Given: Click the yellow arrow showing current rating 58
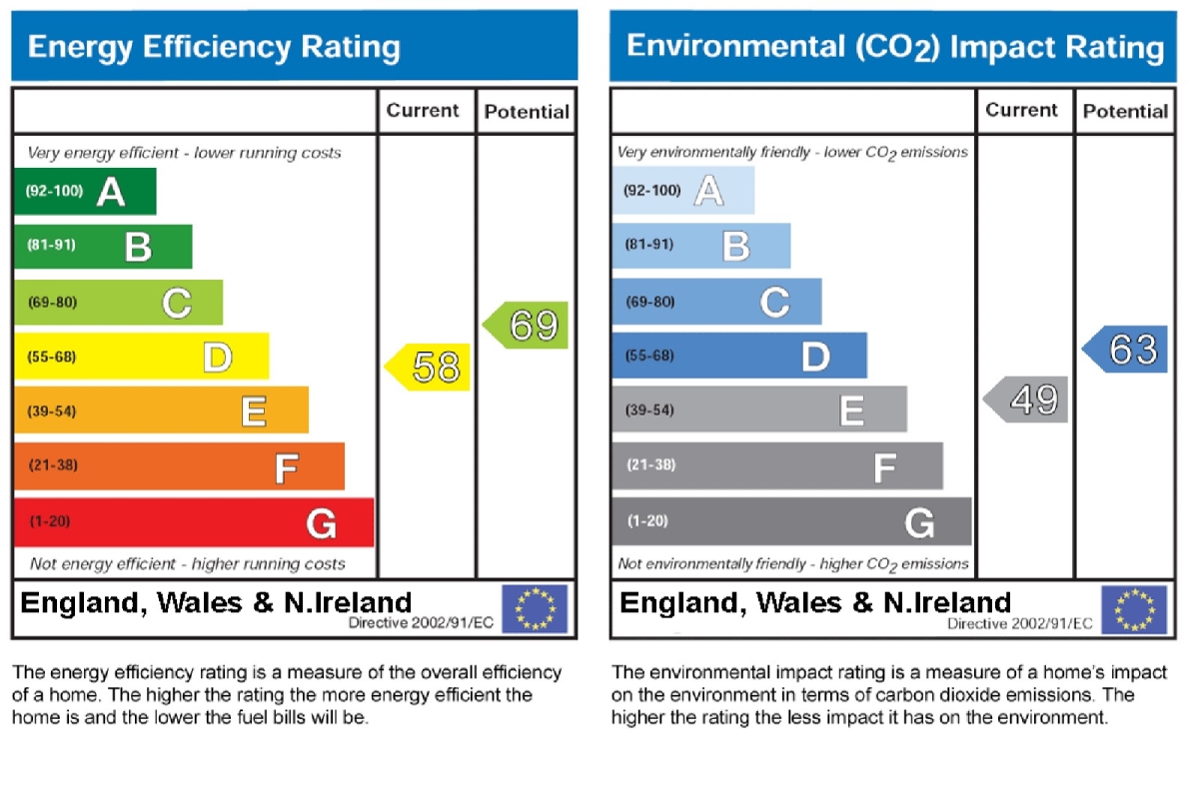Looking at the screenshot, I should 429,368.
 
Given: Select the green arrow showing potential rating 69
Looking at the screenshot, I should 527,326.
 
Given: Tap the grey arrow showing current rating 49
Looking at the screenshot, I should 1027,400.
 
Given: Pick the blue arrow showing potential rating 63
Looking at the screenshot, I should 1126,350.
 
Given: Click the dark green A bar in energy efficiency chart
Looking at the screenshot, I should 85,191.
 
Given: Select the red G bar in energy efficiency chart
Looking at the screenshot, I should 194,522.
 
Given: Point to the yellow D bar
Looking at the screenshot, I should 141,357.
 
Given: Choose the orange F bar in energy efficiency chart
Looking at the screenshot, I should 179,466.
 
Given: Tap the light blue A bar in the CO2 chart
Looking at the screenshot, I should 683,190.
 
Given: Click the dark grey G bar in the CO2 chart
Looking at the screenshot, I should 791,521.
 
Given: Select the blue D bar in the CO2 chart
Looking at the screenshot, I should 739,355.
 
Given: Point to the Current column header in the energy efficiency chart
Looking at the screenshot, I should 424,111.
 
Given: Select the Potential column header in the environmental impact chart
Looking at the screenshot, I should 1125,111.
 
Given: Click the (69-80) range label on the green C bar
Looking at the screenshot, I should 51,303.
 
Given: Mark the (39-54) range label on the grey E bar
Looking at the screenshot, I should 649,410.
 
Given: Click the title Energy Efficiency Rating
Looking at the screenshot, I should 214,47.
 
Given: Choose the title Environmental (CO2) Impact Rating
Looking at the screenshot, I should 894,47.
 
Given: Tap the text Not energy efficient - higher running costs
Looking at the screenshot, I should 188,564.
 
